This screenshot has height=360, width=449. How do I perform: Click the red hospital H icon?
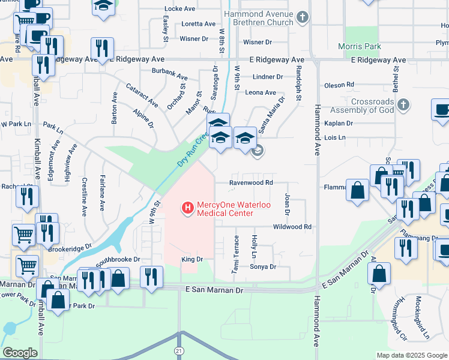pos(187,209)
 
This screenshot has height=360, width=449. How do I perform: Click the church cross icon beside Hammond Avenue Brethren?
pos(304,17)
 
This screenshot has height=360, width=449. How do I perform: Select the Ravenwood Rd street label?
pos(252,182)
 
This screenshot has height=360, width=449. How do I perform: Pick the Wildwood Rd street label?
pos(292,227)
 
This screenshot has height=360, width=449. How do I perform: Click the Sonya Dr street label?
pos(262,266)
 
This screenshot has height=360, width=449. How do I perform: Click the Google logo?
pos(20,353)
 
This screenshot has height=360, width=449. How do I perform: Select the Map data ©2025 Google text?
pos(412,355)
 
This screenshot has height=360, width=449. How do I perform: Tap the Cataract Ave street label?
pos(142,95)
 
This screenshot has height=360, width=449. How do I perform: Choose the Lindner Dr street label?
pos(268,77)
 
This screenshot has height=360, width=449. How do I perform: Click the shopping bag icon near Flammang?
pos(358,190)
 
